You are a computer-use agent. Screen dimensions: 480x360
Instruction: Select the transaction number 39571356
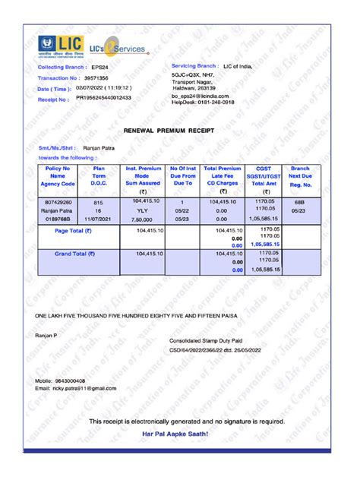(x=95, y=78)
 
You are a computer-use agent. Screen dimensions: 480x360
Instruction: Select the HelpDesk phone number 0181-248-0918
(x=215, y=103)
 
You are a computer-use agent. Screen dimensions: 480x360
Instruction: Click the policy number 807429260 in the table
(x=58, y=203)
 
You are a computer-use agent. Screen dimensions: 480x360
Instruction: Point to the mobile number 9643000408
(x=69, y=380)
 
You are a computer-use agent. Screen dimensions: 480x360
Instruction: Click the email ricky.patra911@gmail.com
(x=84, y=388)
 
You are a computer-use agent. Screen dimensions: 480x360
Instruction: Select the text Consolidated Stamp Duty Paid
(x=205, y=341)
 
